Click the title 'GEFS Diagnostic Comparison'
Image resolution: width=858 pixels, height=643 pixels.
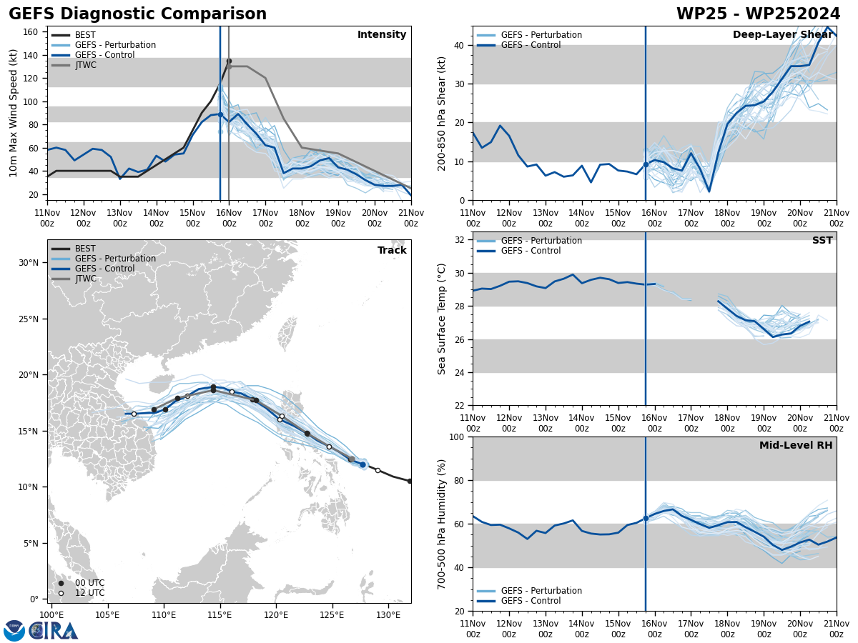(137, 14)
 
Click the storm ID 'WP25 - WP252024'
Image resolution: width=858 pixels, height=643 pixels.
(758, 14)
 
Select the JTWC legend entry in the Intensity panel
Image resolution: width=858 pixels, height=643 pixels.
(85, 65)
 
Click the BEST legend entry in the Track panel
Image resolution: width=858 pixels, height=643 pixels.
(85, 249)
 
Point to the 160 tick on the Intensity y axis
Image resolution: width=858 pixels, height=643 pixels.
(31, 32)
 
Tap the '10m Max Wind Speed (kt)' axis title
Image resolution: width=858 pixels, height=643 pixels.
(14, 113)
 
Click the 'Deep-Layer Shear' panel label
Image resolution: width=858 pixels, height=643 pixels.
(782, 35)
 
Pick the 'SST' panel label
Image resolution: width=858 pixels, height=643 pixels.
(822, 241)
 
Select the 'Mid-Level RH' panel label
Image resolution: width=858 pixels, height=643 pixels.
(796, 446)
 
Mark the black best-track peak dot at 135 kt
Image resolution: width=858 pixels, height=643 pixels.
(229, 61)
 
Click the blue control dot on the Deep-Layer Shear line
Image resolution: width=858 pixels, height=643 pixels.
(646, 164)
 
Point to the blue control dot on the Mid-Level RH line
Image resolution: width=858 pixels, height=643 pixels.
(646, 518)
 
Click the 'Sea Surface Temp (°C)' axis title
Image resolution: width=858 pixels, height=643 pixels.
(442, 319)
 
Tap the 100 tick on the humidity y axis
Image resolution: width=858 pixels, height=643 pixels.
(458, 437)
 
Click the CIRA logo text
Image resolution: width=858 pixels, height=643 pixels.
(53, 631)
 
